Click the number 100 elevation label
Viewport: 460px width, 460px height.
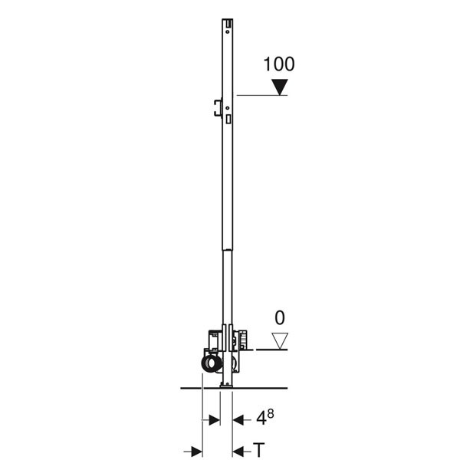coord(279,64)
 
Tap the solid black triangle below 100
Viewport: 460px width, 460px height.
coord(280,87)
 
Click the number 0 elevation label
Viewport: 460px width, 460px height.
coord(280,317)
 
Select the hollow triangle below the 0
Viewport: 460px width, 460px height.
coord(280,341)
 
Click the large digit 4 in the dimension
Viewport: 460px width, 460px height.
coord(261,418)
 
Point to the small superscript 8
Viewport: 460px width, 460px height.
coord(271,413)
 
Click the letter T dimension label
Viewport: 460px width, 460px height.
coord(259,450)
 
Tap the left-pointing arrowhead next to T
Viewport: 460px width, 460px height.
coord(238,452)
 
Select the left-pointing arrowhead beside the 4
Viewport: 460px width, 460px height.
coord(238,420)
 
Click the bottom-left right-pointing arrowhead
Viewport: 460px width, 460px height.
coord(197,452)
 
